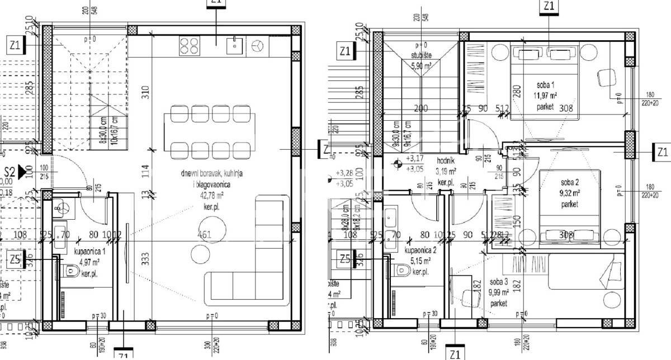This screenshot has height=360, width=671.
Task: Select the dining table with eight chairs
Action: tap(206, 132)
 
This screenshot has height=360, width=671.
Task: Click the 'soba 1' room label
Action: tap(545, 84)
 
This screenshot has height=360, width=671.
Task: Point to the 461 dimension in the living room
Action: tap(204, 235)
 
